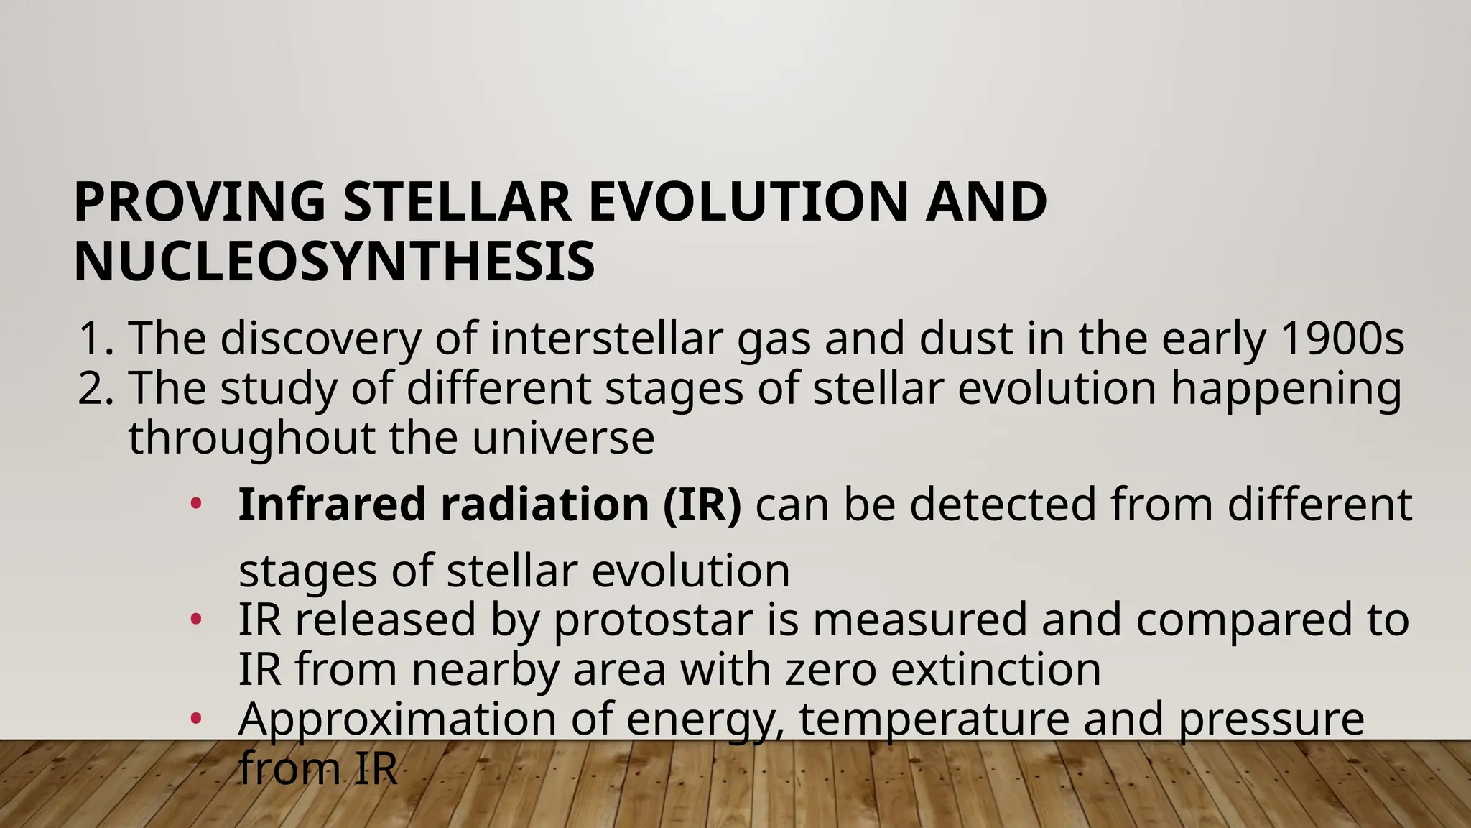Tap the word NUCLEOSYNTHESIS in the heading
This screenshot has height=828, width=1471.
coord(334,262)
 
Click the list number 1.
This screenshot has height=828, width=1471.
coord(94,339)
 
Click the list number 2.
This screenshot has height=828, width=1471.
coord(94,389)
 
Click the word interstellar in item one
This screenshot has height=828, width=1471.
coord(606,339)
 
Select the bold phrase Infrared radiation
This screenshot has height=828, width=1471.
coord(443,505)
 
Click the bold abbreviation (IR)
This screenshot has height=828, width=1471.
coord(701,505)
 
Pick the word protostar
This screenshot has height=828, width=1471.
coord(652,620)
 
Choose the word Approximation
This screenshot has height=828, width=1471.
coord(396,719)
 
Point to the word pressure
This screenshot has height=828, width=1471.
coord(1271,719)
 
